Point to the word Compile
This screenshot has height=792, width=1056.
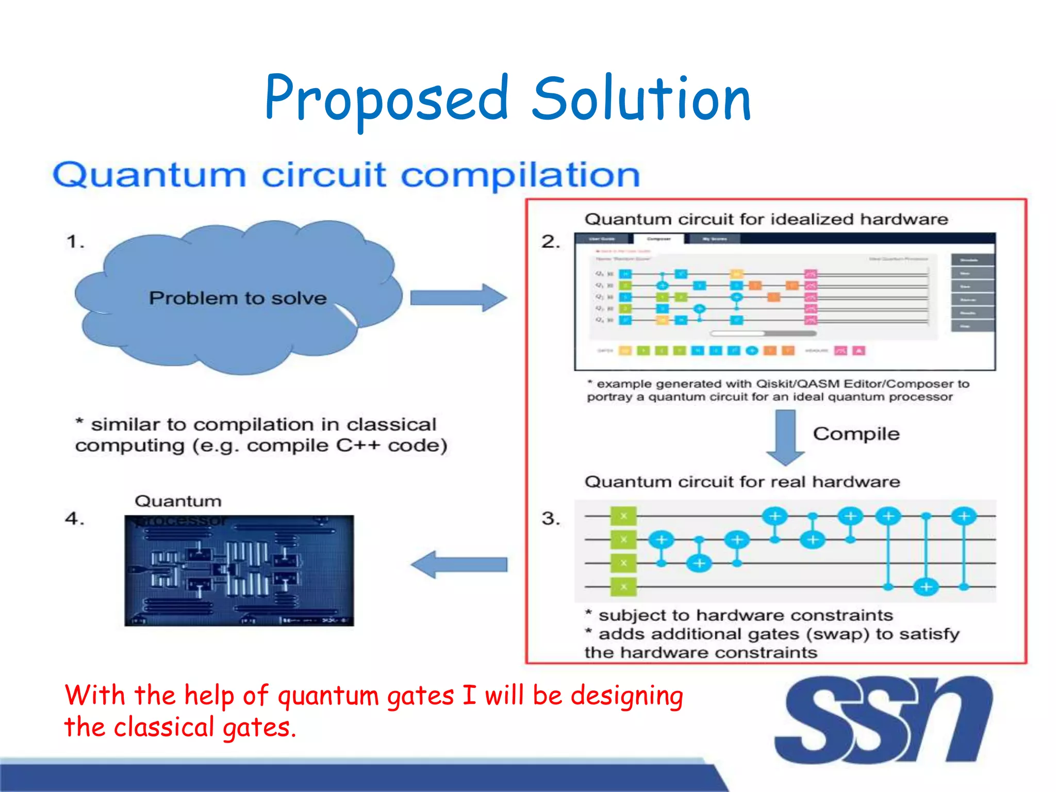[856, 434]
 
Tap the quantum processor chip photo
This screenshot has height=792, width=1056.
[239, 571]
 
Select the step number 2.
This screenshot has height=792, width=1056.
[550, 241]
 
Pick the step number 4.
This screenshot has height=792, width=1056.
[74, 518]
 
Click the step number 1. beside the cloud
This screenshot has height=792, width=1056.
[75, 241]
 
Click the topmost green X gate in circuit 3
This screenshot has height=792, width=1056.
[623, 516]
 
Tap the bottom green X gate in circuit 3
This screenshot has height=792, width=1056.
[623, 587]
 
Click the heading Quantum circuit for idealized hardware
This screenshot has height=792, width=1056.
[766, 219]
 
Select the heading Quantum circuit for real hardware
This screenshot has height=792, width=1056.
[742, 482]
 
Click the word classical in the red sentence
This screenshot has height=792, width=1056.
[163, 727]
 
